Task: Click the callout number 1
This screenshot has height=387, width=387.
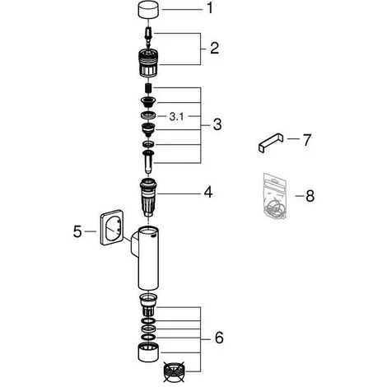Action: [210, 8]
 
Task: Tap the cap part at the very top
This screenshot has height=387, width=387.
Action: [148, 10]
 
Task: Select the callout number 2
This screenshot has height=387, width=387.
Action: [214, 49]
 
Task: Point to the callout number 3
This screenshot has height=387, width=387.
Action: [217, 125]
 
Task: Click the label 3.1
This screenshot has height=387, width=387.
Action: [176, 117]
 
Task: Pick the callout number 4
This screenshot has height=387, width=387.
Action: [208, 192]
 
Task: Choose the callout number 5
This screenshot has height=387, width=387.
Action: [77, 231]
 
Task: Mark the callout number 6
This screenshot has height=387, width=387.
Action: [219, 338]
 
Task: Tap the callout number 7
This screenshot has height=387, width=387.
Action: [307, 140]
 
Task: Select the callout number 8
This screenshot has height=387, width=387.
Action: [310, 196]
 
